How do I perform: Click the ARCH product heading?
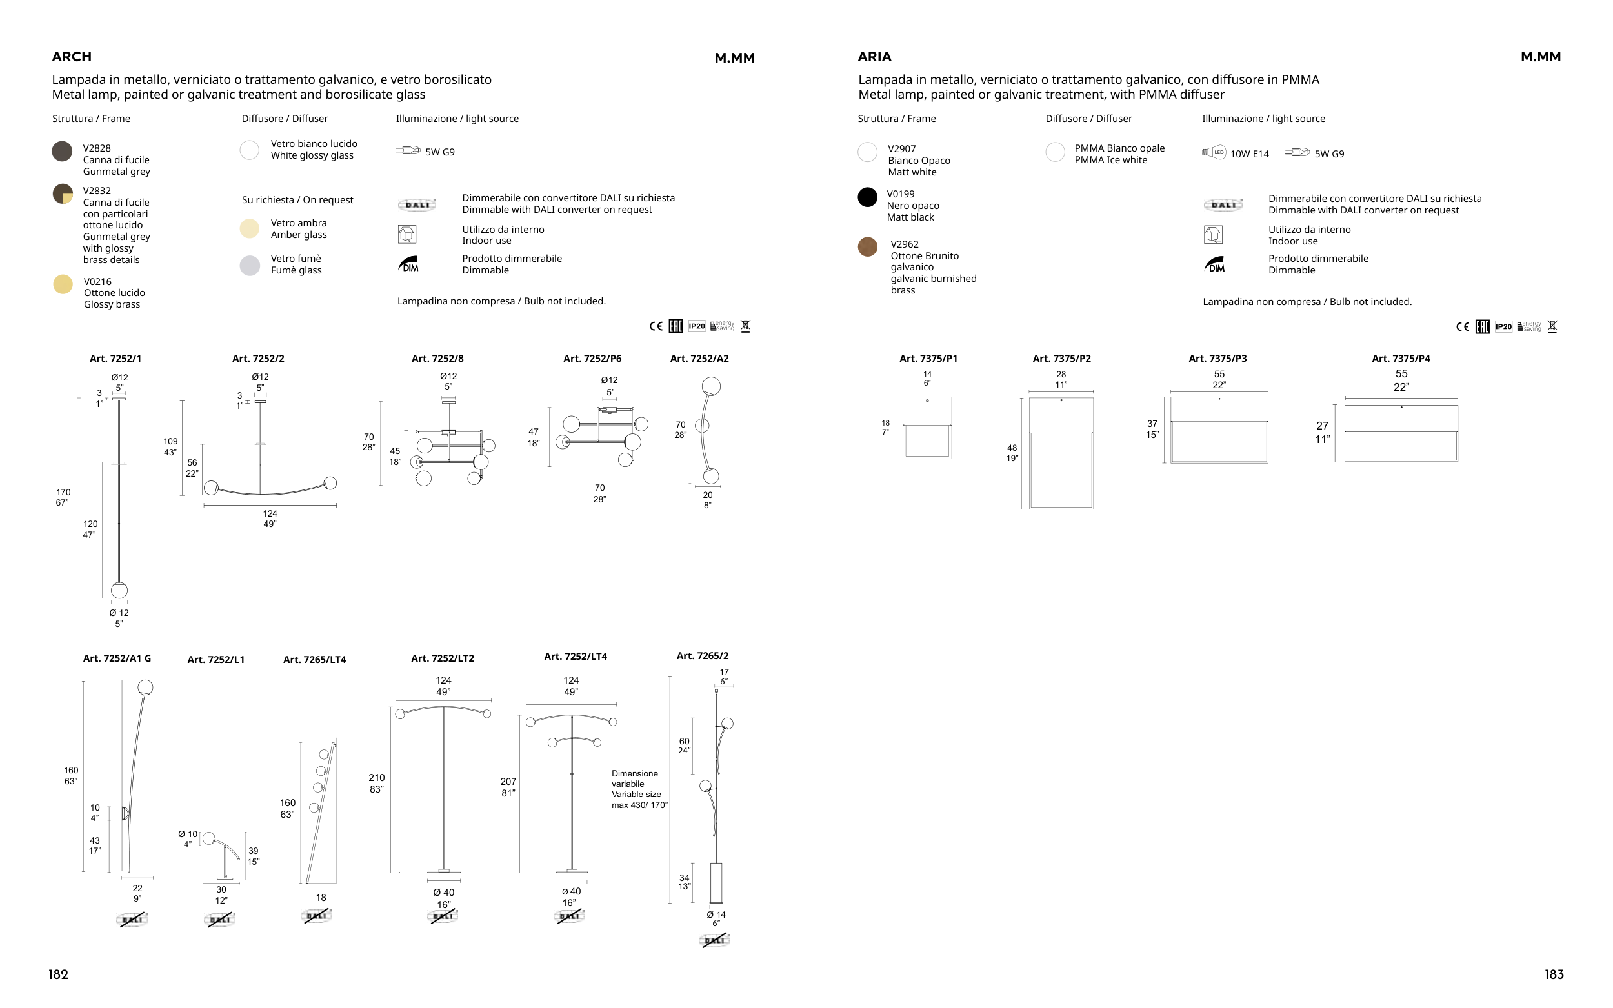(x=72, y=57)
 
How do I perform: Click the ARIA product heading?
(x=874, y=57)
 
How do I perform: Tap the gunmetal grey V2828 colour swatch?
(x=62, y=152)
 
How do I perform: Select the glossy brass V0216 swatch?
(x=63, y=284)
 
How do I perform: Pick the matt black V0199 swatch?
(x=868, y=197)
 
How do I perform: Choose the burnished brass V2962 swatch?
(x=868, y=246)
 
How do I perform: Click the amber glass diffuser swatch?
(x=250, y=228)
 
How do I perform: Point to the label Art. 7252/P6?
(x=592, y=359)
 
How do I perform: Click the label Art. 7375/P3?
(x=1217, y=359)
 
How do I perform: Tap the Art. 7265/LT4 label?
(x=315, y=660)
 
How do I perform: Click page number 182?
(x=58, y=974)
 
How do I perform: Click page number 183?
(x=1554, y=974)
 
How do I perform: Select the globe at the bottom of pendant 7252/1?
(x=119, y=590)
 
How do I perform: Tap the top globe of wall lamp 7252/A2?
(x=712, y=386)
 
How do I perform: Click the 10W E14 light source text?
(x=1249, y=154)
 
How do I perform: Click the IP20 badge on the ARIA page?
(x=1504, y=327)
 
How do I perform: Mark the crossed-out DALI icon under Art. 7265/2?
(x=715, y=941)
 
